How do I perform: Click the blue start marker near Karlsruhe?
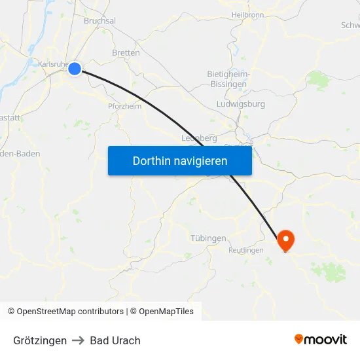(x=75, y=68)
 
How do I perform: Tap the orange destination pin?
(x=285, y=240)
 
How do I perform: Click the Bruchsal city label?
(x=99, y=21)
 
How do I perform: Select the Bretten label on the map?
(x=126, y=52)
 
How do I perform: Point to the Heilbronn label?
(x=247, y=14)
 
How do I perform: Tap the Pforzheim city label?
(x=124, y=106)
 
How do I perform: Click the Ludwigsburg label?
(x=240, y=104)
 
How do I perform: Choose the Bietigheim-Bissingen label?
(x=227, y=79)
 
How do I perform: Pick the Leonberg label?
(x=198, y=138)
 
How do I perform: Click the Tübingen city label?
(x=209, y=238)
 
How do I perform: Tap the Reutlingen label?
(x=246, y=250)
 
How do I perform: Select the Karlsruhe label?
(x=52, y=64)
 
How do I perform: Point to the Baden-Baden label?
(x=21, y=154)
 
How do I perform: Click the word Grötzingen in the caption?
(x=40, y=340)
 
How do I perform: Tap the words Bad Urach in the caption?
(x=115, y=340)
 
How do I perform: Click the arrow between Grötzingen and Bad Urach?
(x=79, y=340)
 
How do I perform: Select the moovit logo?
(x=321, y=339)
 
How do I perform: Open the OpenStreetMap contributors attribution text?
(x=70, y=312)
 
